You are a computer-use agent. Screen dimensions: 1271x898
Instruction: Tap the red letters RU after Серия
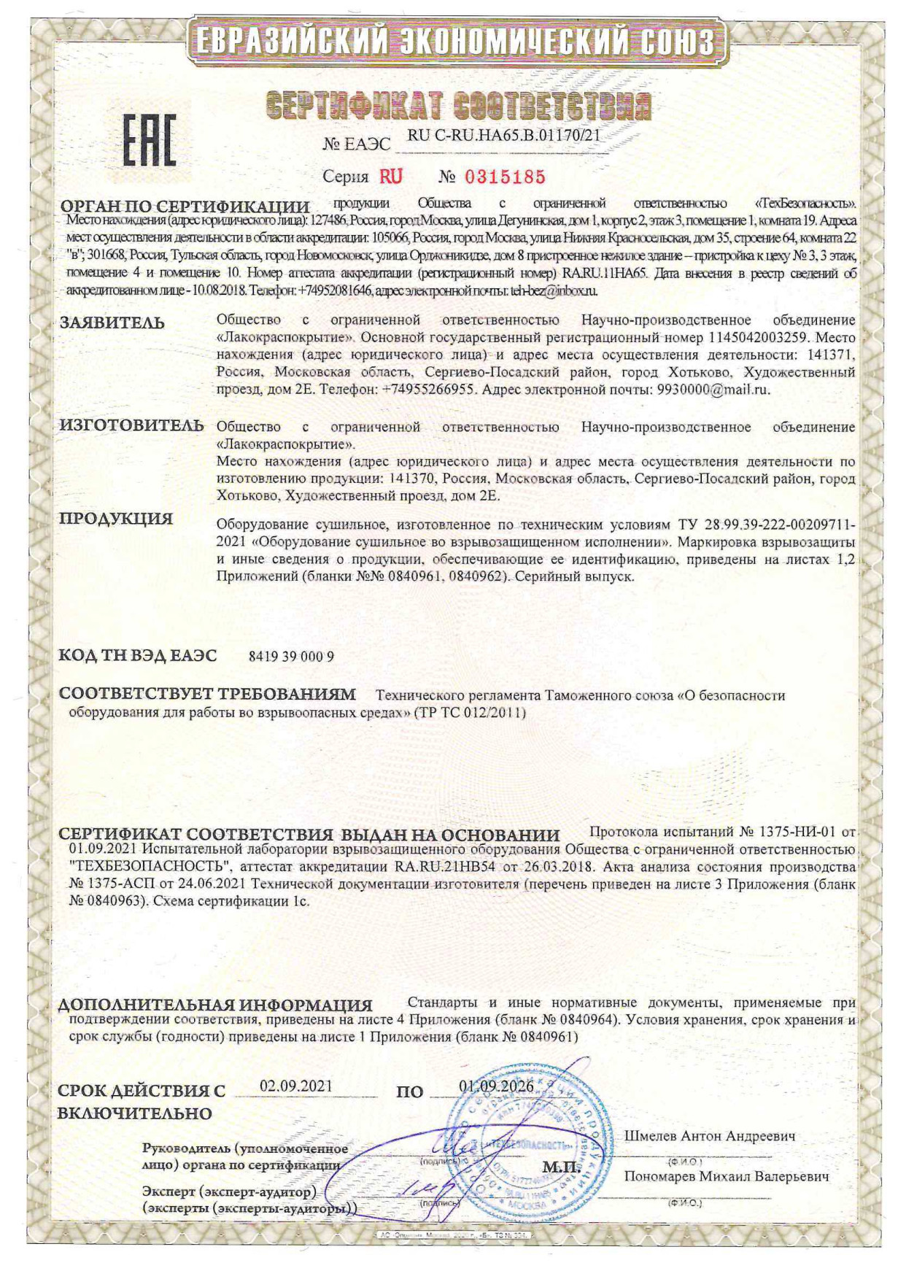pyautogui.click(x=390, y=177)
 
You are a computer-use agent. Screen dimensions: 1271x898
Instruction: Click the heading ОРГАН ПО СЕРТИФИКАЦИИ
pyautogui.click(x=185, y=206)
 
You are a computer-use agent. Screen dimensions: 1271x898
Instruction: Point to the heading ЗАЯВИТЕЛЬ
pyautogui.click(x=112, y=322)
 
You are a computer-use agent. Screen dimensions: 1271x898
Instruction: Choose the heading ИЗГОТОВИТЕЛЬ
pyautogui.click(x=131, y=425)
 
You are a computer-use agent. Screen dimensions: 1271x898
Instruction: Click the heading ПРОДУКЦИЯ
pyautogui.click(x=116, y=519)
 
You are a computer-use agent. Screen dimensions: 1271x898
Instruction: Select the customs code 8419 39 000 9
pyautogui.click(x=291, y=656)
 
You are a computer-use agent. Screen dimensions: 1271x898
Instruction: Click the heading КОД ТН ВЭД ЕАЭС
pyautogui.click(x=138, y=655)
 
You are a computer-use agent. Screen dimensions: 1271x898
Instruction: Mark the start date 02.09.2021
pyautogui.click(x=296, y=1086)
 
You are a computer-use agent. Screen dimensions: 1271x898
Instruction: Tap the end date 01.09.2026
pyautogui.click(x=496, y=1086)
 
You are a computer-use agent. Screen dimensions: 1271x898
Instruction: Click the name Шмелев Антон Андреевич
pyautogui.click(x=710, y=1136)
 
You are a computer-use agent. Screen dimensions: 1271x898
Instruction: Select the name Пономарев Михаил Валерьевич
pyautogui.click(x=727, y=1177)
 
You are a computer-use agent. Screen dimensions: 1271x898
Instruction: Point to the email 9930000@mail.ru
pyautogui.click(x=713, y=390)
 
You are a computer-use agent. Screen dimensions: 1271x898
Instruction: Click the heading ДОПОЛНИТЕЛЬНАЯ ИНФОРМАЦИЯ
pyautogui.click(x=215, y=1005)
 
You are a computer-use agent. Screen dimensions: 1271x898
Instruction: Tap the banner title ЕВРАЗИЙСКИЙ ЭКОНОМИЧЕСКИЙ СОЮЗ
pyautogui.click(x=457, y=42)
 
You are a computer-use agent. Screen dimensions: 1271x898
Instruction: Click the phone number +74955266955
pyautogui.click(x=430, y=390)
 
